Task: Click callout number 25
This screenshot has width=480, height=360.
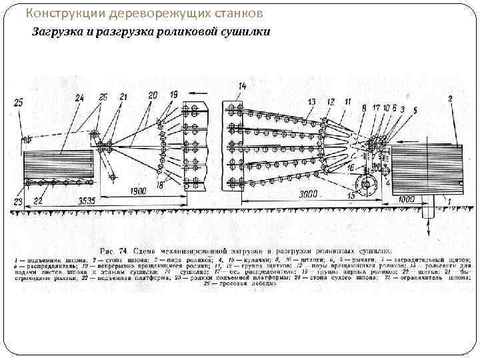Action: pos(17,101)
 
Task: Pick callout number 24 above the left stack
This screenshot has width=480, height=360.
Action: pos(80,97)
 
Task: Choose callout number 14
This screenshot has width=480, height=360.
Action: pos(241,85)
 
